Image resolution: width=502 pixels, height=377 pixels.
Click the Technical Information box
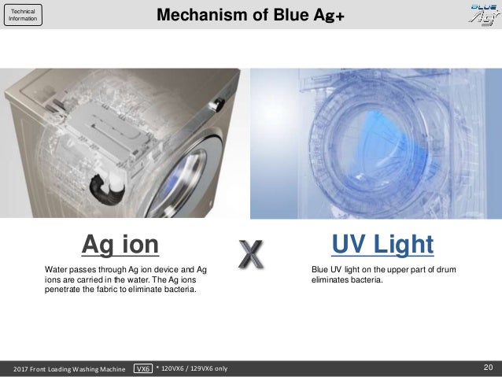(x=23, y=15)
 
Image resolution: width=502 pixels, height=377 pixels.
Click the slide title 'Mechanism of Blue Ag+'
(x=250, y=15)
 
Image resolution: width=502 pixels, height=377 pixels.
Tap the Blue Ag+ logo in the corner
(x=485, y=14)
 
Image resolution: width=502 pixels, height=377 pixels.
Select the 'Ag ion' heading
(x=120, y=245)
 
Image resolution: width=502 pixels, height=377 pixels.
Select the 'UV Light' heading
(x=382, y=244)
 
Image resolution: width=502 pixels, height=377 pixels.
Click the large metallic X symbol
(x=251, y=254)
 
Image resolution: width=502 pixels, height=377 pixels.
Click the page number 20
(x=489, y=367)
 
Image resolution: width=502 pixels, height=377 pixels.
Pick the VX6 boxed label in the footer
(x=142, y=368)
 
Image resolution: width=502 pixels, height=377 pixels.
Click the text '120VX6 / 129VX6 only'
(x=194, y=368)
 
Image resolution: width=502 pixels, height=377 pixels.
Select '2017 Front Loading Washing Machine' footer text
(x=69, y=369)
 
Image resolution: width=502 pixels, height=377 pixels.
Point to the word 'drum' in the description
(x=446, y=269)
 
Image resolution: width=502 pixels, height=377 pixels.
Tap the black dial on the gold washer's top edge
(x=218, y=105)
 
